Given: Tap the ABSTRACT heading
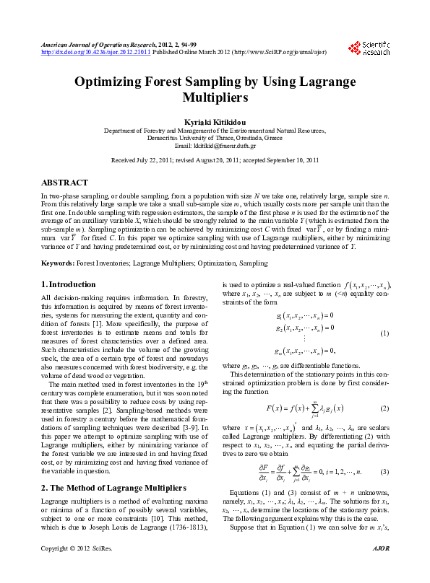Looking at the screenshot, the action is tap(65, 183).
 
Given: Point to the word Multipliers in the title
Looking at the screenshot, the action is tap(215, 97).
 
